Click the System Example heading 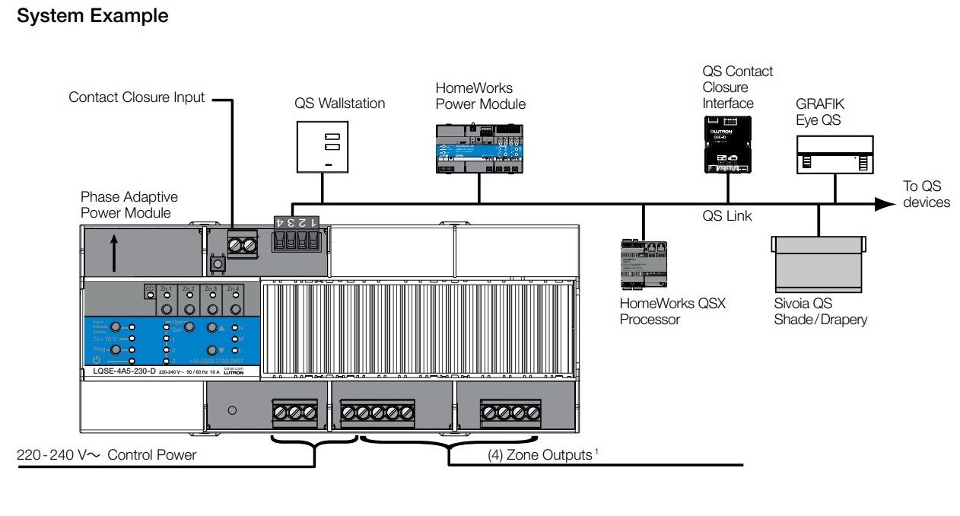pos(93,16)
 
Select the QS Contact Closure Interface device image pos(726,143)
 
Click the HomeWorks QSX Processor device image pos(644,265)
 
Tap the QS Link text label pos(726,216)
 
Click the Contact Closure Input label pos(137,97)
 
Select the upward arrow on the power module pos(113,253)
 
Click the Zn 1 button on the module pos(167,308)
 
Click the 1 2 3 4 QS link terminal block pos(295,234)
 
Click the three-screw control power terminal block pos(294,412)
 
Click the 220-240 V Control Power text pos(106,455)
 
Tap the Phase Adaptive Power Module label pos(126,205)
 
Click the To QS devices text pos(926,194)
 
